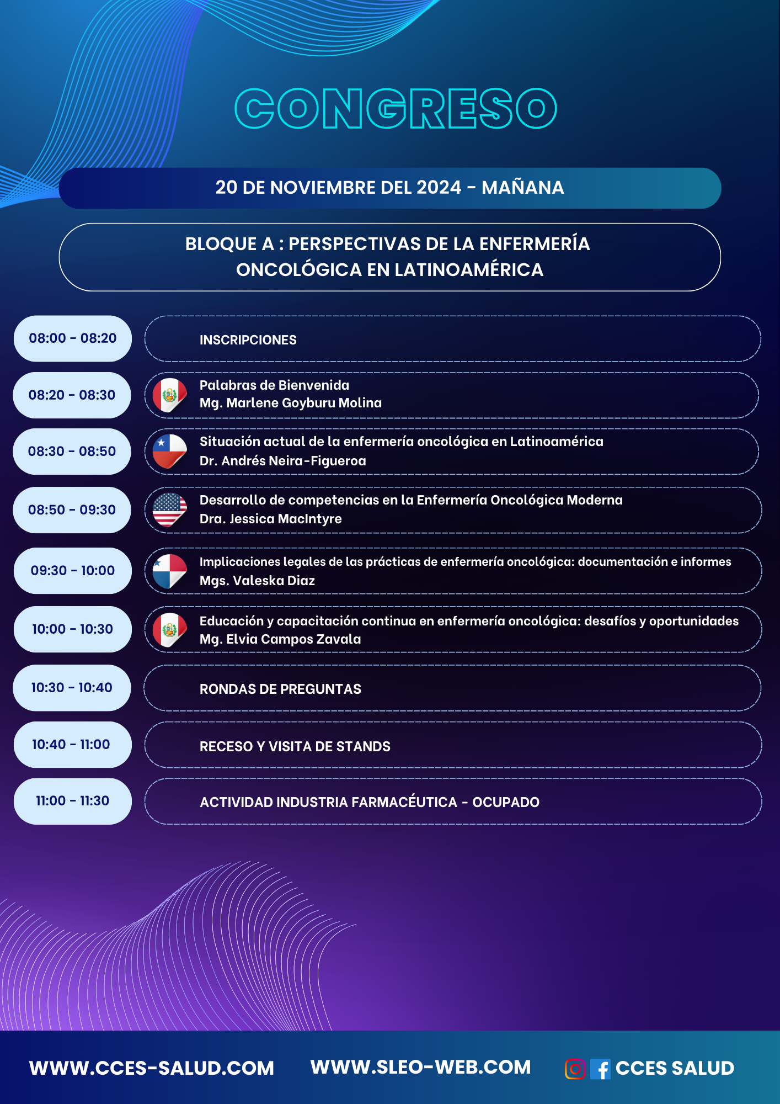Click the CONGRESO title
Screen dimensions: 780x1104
[x=396, y=108]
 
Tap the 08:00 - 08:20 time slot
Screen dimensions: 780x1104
[x=73, y=338]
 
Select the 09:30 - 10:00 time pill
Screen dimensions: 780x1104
[x=73, y=571]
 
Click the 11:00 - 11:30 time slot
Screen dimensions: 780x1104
[x=73, y=801]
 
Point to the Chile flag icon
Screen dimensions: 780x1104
[x=169, y=452]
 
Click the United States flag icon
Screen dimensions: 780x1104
[x=169, y=510]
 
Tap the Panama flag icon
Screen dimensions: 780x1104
[x=169, y=571]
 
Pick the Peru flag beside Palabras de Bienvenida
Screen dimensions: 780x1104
[x=169, y=395]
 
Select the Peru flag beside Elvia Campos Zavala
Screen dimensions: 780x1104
[x=169, y=630]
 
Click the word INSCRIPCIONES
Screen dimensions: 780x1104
[x=248, y=340]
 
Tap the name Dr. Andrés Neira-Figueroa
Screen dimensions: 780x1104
[x=283, y=461]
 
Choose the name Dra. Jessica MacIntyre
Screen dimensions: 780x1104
[x=271, y=519]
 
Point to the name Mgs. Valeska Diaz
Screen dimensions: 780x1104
[x=258, y=581]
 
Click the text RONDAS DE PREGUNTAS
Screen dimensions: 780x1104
[x=280, y=689]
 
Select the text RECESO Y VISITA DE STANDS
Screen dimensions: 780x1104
[x=295, y=746]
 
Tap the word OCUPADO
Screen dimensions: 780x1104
[x=506, y=802]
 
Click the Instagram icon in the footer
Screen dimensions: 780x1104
[x=575, y=1069]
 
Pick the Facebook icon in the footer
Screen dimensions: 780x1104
[x=600, y=1069]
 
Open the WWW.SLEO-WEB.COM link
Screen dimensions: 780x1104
[x=420, y=1068]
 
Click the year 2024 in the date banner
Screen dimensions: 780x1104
[x=439, y=188]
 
